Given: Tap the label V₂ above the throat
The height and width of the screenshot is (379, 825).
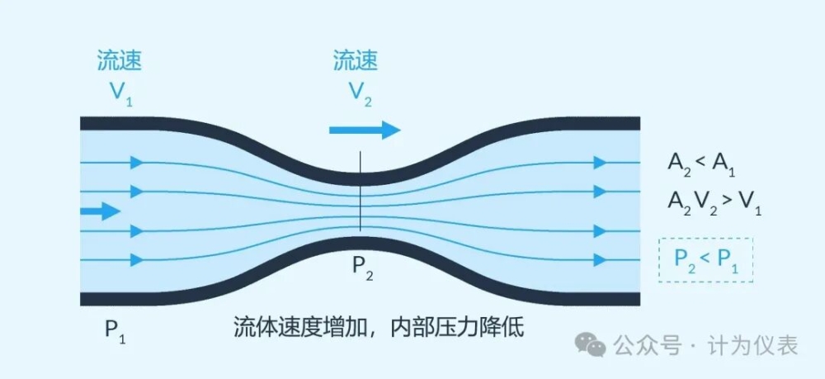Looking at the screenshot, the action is click(x=361, y=93).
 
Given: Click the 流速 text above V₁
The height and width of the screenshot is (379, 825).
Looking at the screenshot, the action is click(x=120, y=61).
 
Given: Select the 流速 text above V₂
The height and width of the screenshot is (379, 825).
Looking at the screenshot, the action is click(x=356, y=61).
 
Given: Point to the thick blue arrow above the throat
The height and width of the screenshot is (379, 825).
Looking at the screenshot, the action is click(x=365, y=130).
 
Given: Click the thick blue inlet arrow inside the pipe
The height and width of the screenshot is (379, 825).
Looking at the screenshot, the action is click(x=101, y=211).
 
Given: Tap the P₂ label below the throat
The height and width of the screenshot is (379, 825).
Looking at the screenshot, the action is click(x=362, y=268).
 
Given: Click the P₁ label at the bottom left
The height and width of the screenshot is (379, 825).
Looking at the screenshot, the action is click(x=115, y=331).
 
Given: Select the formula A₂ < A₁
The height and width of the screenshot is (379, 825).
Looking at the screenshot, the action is click(x=701, y=165).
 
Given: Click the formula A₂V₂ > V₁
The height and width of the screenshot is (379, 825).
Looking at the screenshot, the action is click(x=714, y=202).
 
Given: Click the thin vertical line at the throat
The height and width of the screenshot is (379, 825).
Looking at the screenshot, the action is click(x=361, y=191).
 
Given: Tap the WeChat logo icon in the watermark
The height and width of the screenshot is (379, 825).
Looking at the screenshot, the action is click(x=591, y=345).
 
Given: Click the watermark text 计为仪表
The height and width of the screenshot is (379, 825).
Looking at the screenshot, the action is click(x=752, y=346).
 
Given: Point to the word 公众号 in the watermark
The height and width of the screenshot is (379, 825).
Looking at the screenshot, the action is click(x=647, y=346).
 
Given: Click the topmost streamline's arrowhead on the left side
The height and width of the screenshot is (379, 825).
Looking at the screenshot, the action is click(x=137, y=162).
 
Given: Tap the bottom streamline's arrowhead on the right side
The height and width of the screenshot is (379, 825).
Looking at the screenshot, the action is click(x=601, y=259).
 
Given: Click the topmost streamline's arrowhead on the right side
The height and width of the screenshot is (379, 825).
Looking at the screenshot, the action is click(x=601, y=162).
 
